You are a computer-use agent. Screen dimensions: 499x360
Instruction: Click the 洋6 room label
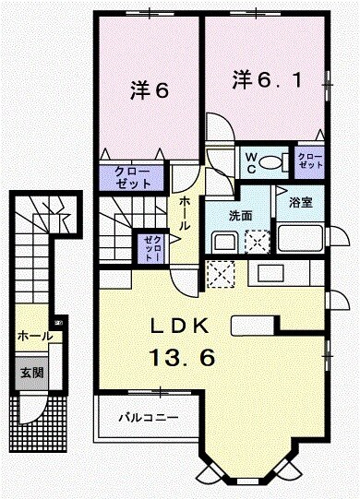[x=147, y=89]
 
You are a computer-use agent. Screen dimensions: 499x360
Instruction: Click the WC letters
[x=248, y=162]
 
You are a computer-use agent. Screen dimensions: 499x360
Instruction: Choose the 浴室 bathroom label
[x=301, y=202]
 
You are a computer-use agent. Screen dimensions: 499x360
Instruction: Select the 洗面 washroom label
[x=242, y=216]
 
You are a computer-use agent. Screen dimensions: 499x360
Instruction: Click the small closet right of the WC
[x=308, y=163]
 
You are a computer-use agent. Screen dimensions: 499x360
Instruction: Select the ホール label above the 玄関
[x=34, y=337]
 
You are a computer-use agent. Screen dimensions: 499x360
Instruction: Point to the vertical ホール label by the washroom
[x=185, y=215]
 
